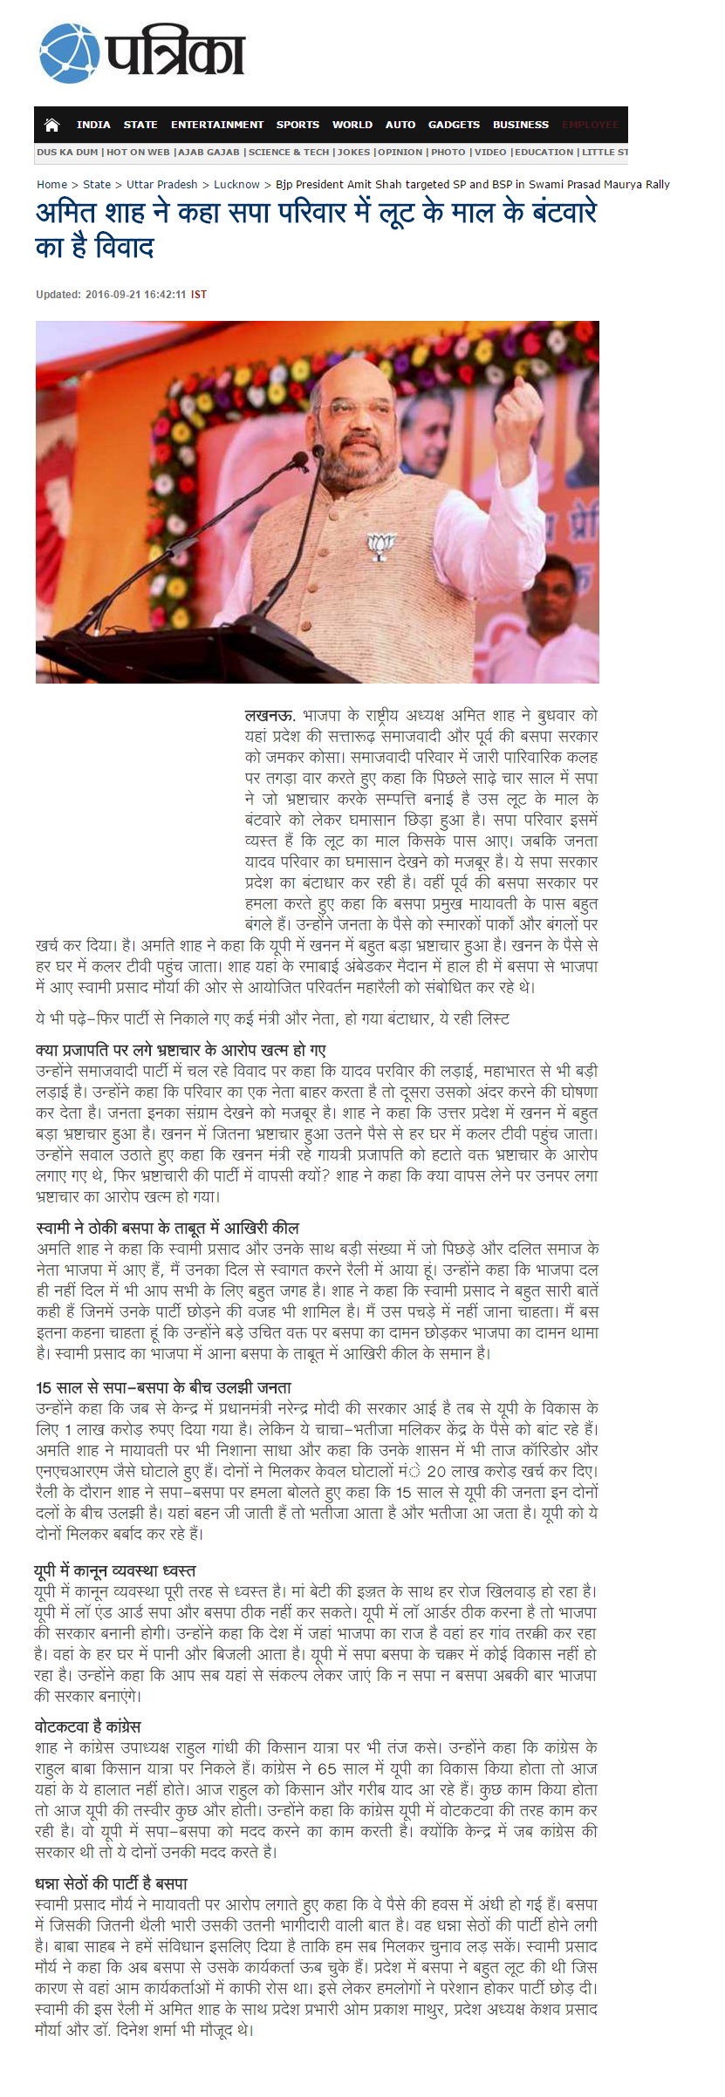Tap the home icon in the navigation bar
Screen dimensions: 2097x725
coord(52,125)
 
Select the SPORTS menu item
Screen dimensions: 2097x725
coord(298,125)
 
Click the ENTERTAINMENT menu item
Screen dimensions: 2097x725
coord(216,125)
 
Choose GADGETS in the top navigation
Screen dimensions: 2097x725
coord(454,125)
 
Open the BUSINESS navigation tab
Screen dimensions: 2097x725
coord(520,125)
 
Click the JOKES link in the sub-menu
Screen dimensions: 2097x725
coord(353,152)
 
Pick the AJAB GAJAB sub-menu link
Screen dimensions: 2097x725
coord(209,152)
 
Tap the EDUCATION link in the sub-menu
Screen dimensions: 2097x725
coord(544,152)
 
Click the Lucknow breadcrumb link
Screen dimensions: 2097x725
coord(236,184)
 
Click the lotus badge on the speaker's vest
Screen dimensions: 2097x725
coord(380,547)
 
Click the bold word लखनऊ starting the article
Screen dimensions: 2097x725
coord(269,716)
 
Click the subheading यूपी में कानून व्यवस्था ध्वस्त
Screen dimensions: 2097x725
coord(114,1570)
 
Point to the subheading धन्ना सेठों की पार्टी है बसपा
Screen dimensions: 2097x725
coord(112,1883)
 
